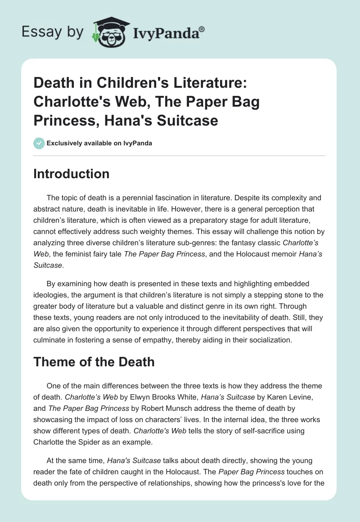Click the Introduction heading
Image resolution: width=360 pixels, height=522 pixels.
pos(72,174)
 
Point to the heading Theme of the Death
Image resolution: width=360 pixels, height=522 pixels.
pos(94,362)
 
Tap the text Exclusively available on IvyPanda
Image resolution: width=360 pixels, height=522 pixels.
pos(99,143)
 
